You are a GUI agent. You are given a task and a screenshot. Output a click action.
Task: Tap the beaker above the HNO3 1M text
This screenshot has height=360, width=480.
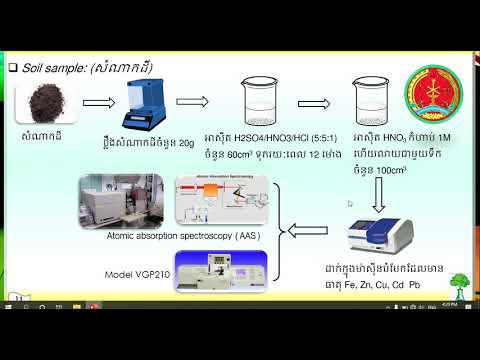coord(375,103)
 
